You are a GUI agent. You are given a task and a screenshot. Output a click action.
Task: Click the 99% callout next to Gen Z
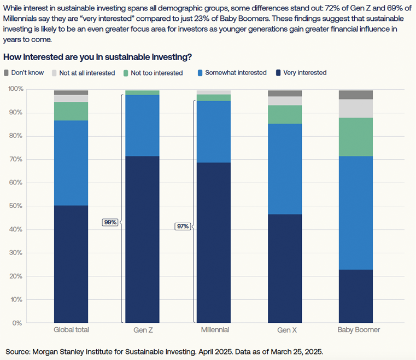[110, 222]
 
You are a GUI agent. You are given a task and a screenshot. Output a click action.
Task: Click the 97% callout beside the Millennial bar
[182, 226]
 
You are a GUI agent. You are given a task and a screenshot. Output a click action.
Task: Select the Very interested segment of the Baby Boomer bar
[356, 296]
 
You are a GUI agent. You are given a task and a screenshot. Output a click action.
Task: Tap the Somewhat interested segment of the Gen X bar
[285, 169]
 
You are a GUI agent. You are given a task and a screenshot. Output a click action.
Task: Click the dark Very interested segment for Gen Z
[142, 239]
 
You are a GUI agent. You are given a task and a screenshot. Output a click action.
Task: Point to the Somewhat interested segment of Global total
[71, 163]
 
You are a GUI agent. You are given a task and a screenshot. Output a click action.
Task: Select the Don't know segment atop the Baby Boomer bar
[356, 95]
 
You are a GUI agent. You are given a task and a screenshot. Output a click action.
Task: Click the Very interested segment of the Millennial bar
[213, 242]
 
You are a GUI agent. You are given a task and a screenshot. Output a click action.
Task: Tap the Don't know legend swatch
[7, 73]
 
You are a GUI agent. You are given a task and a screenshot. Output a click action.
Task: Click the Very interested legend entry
[304, 73]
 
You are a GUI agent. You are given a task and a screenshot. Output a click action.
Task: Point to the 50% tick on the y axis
[15, 206]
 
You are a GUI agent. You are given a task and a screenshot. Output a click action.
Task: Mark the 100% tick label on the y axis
[14, 89]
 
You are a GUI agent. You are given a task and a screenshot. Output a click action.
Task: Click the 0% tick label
[17, 323]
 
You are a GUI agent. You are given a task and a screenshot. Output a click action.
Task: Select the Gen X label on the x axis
[284, 330]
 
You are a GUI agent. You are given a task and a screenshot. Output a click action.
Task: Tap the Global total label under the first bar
[71, 330]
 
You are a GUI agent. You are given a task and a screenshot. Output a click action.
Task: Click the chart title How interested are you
[97, 57]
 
